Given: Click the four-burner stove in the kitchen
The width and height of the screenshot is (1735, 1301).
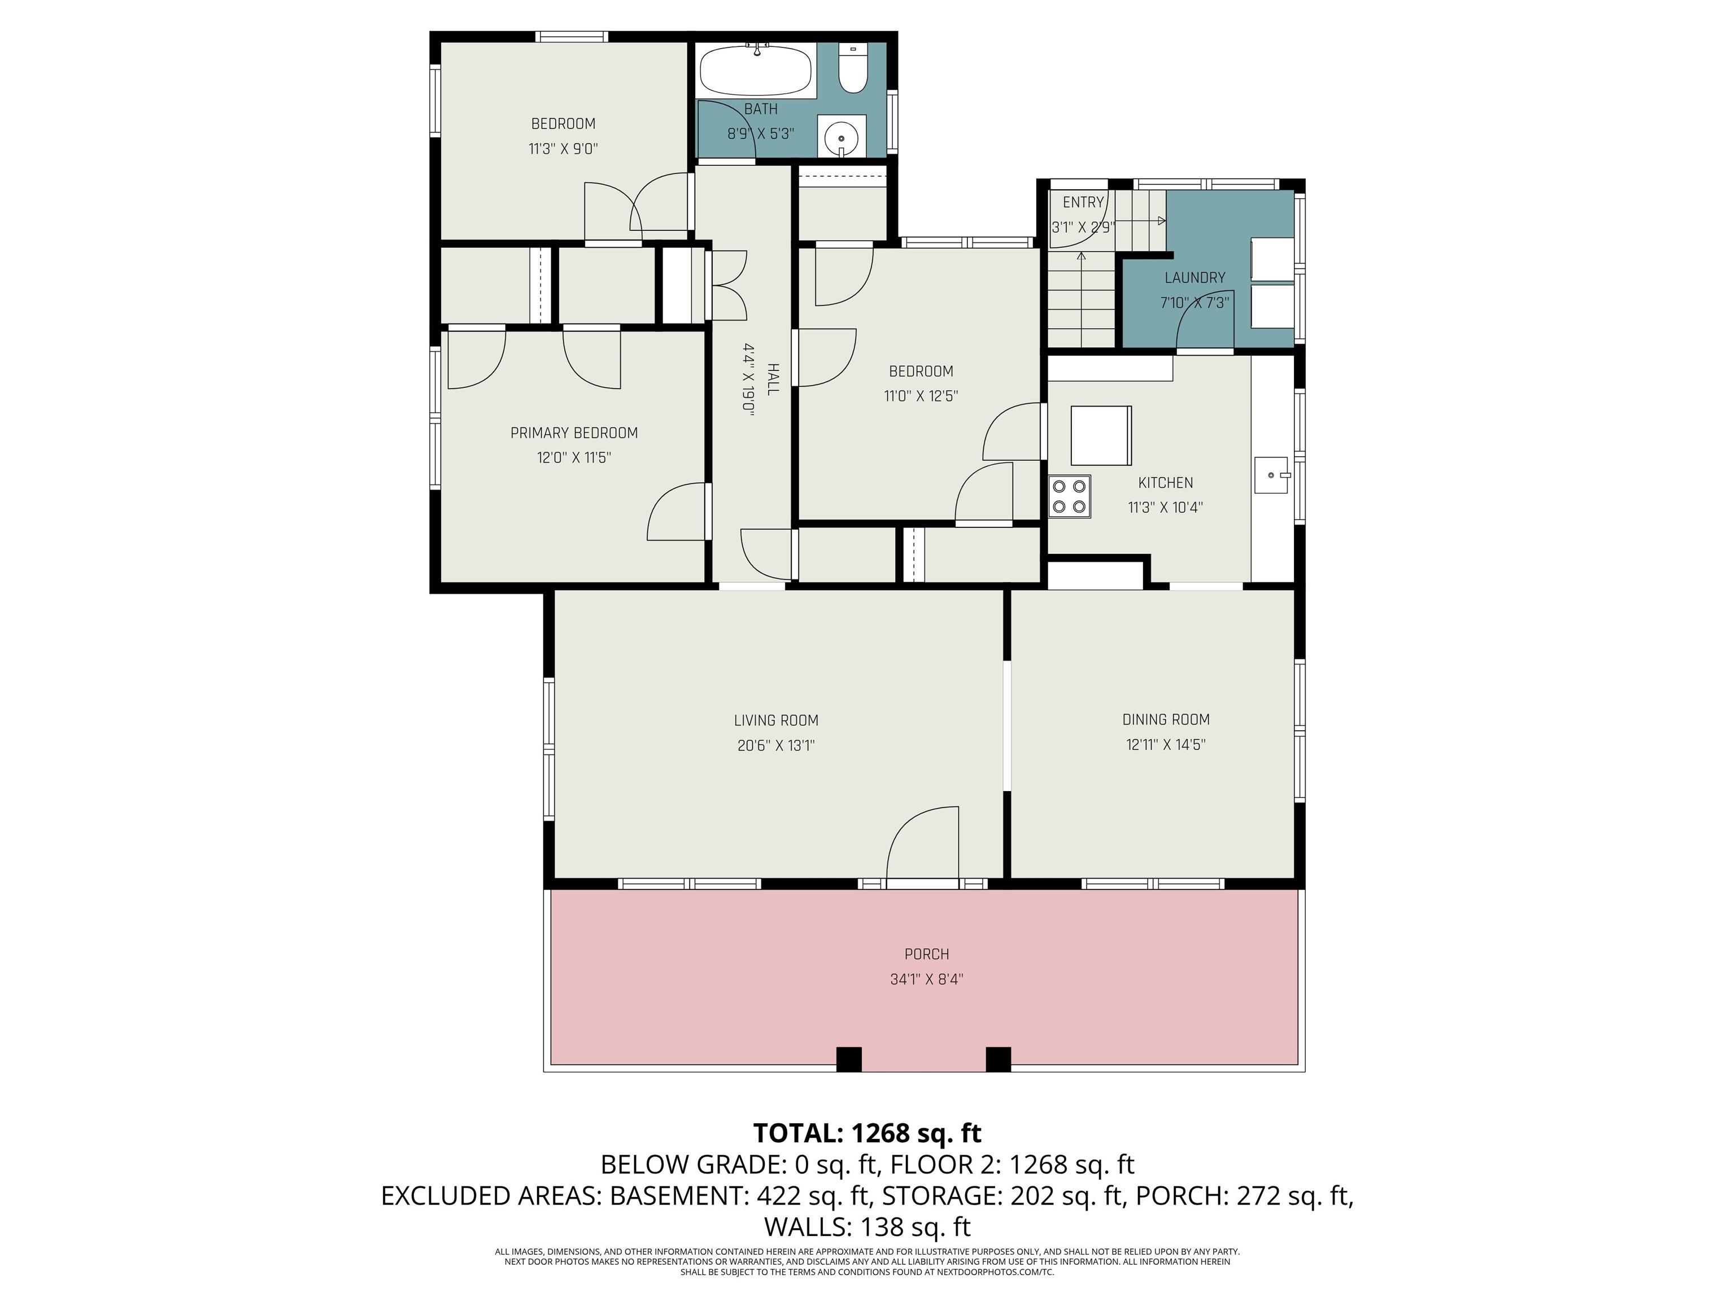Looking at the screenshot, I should (x=1070, y=496).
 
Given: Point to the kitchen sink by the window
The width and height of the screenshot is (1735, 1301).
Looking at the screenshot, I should (x=1271, y=475).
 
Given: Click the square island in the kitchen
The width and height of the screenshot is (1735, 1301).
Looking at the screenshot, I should (x=1100, y=436).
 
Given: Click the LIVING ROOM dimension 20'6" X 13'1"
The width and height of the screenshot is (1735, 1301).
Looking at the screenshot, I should (x=776, y=745).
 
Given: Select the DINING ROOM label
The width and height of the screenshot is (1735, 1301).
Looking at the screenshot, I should (x=1166, y=719).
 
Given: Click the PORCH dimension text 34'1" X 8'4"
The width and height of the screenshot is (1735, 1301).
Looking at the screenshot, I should (x=926, y=979).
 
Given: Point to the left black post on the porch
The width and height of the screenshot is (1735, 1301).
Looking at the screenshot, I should (x=849, y=1059).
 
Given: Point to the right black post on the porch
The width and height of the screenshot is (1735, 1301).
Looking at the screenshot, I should (x=998, y=1059).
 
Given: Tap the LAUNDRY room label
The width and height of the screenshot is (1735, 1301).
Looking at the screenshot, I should (x=1194, y=278).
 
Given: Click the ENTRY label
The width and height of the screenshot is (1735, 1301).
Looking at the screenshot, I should (x=1083, y=202).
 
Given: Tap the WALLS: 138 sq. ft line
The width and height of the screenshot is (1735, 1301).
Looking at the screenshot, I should (x=867, y=1226).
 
